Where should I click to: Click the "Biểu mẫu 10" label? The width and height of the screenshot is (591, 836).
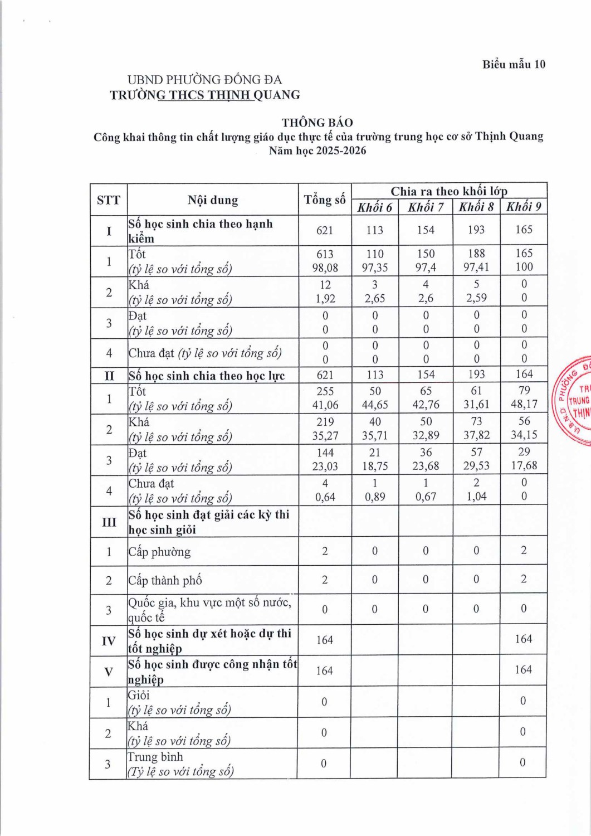click(x=514, y=64)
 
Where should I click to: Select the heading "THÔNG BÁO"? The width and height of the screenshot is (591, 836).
click(x=317, y=123)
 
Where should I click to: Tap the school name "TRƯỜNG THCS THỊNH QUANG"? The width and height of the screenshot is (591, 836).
click(x=205, y=95)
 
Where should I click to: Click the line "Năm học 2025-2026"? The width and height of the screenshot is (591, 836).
click(x=318, y=150)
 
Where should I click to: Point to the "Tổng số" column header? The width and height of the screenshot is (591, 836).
click(x=325, y=200)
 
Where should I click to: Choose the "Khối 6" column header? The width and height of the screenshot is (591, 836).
click(x=374, y=207)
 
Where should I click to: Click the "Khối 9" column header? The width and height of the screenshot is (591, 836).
click(x=524, y=207)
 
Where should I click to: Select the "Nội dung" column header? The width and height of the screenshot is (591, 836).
click(x=213, y=200)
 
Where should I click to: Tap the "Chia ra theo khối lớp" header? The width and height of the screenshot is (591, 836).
click(x=449, y=191)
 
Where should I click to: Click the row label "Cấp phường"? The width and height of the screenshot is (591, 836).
click(x=159, y=552)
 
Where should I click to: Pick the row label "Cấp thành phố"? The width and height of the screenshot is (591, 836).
click(x=165, y=580)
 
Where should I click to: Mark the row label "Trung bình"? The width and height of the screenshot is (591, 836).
click(x=155, y=757)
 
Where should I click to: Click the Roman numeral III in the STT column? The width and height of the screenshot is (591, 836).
click(x=109, y=522)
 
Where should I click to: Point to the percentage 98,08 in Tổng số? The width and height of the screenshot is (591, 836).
click(x=325, y=268)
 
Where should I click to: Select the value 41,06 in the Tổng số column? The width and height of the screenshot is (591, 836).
click(x=325, y=405)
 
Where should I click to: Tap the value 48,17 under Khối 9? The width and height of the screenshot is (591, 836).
click(x=524, y=404)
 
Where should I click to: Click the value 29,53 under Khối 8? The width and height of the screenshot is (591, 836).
click(x=476, y=465)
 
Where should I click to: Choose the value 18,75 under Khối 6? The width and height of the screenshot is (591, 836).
click(x=375, y=466)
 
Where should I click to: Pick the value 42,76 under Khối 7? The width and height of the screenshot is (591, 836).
click(x=426, y=405)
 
